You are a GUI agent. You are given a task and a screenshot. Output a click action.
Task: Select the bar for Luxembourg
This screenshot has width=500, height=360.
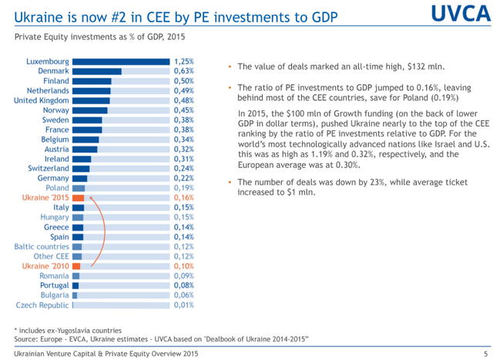coord(121,62)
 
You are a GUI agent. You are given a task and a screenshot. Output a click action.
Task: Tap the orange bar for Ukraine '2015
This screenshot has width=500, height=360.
coord(79,197)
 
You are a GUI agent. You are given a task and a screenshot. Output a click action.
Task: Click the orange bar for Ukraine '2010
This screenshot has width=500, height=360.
coord(76,266)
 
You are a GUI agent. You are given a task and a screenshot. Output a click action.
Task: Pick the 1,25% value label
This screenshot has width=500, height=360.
coord(183,62)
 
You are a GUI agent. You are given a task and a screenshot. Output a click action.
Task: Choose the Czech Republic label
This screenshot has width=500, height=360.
coord(42,304)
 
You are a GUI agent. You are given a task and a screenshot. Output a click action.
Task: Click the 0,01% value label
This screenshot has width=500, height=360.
coord(183,304)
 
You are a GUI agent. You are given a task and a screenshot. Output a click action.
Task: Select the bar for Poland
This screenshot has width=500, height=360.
coord(79,188)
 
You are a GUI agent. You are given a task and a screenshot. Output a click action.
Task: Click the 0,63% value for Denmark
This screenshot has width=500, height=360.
coord(183,71)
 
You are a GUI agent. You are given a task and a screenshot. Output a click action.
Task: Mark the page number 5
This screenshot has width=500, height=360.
coord(485,354)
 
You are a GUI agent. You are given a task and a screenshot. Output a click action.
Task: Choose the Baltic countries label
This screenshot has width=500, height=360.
coord(42,247)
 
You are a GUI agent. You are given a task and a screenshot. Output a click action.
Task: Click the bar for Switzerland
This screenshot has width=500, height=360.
coord(81,168)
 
